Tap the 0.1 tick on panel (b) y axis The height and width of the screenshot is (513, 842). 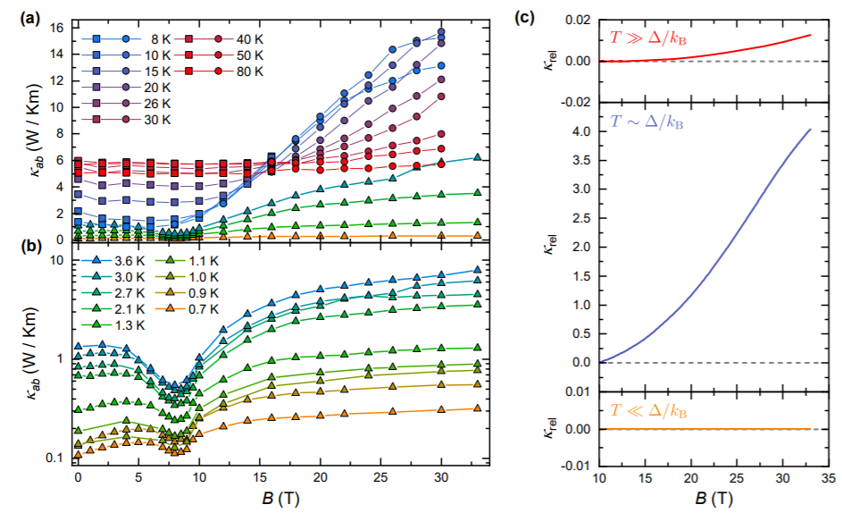(x=54, y=458)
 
